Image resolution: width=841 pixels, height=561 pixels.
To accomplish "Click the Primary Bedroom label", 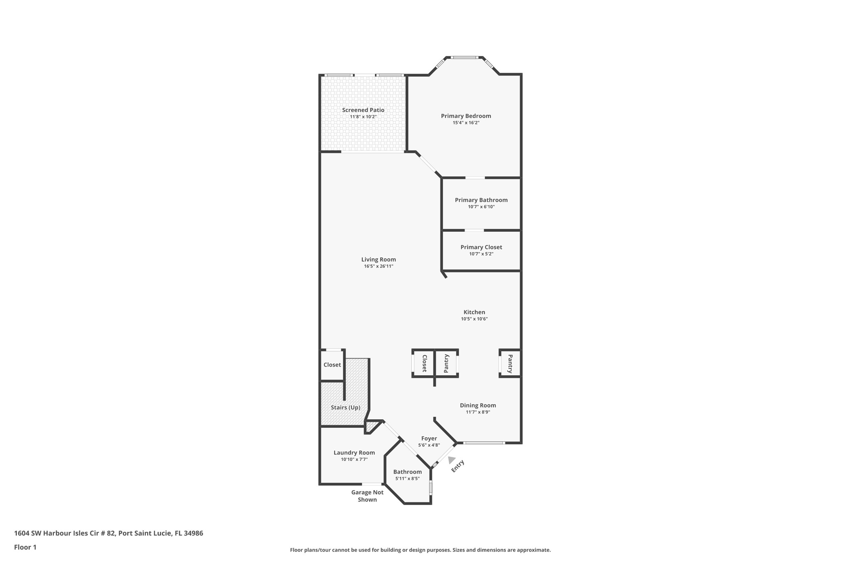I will click(x=466, y=116).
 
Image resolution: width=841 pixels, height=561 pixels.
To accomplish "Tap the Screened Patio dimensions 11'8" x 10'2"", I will click(x=363, y=117).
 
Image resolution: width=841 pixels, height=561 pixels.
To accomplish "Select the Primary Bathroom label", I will click(x=481, y=200).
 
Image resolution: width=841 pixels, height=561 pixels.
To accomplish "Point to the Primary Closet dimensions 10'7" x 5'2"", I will click(x=481, y=254).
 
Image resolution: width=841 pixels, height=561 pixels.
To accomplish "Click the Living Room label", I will click(x=378, y=259).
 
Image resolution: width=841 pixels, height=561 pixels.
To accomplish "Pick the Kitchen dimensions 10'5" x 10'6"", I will click(x=474, y=319).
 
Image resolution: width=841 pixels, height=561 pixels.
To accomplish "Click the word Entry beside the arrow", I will click(x=458, y=466).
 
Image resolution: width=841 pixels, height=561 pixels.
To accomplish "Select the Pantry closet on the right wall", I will click(x=510, y=364).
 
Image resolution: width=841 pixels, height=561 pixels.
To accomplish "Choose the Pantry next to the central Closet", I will click(x=446, y=364).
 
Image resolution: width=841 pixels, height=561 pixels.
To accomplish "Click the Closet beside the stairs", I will click(x=332, y=365).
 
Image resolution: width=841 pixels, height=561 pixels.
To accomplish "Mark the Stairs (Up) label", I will click(x=345, y=407).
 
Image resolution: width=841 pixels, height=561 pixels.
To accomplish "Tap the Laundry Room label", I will click(x=354, y=452).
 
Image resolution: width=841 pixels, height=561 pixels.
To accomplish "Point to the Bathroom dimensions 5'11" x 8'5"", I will click(x=407, y=478).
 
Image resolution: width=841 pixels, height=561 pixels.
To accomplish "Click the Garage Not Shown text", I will click(x=367, y=496).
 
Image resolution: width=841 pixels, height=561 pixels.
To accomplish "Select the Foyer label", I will click(x=429, y=439).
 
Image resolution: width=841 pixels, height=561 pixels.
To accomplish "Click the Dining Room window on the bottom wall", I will click(x=484, y=443).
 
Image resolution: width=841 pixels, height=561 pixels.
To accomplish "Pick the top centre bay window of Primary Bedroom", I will click(x=464, y=58).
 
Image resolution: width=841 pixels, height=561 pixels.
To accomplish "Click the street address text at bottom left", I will click(x=108, y=533).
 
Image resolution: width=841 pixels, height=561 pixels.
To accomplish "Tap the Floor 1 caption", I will click(x=25, y=547).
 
